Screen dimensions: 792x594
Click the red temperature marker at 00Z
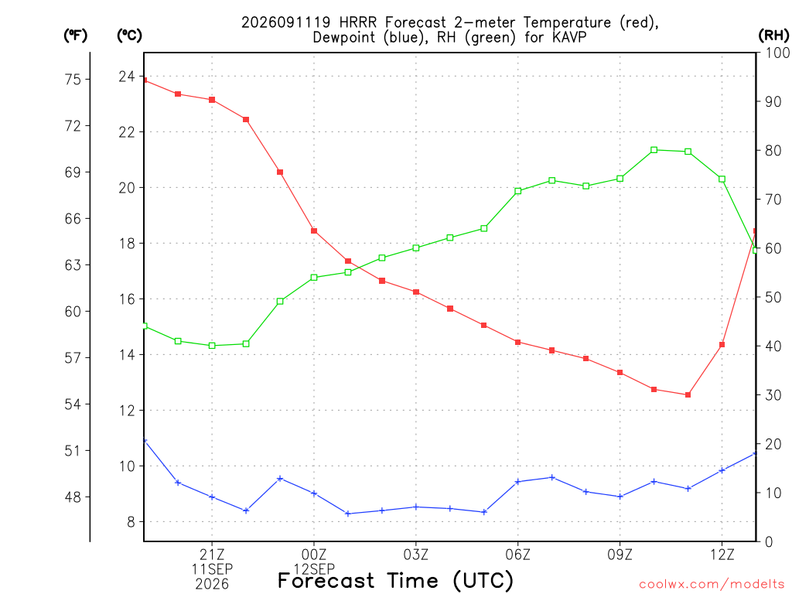[314, 230]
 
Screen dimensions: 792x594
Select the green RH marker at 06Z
[517, 191]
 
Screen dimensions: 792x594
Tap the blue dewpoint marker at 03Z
[416, 507]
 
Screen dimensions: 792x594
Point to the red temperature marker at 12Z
[722, 344]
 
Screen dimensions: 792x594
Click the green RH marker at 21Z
[212, 346]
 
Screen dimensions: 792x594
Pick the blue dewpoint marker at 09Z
[620, 497]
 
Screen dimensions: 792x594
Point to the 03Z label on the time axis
[416, 555]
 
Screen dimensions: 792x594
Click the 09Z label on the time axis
[620, 555]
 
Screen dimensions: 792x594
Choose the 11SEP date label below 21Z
[212, 569]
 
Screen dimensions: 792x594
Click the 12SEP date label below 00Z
[314, 569]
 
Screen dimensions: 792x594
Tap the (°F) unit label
[75, 36]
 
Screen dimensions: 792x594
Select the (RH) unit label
[773, 36]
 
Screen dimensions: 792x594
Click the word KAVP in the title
[569, 37]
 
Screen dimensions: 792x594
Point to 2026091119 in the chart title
[286, 22]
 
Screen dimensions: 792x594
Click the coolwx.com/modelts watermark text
[712, 585]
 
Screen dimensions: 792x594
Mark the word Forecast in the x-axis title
[326, 581]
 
